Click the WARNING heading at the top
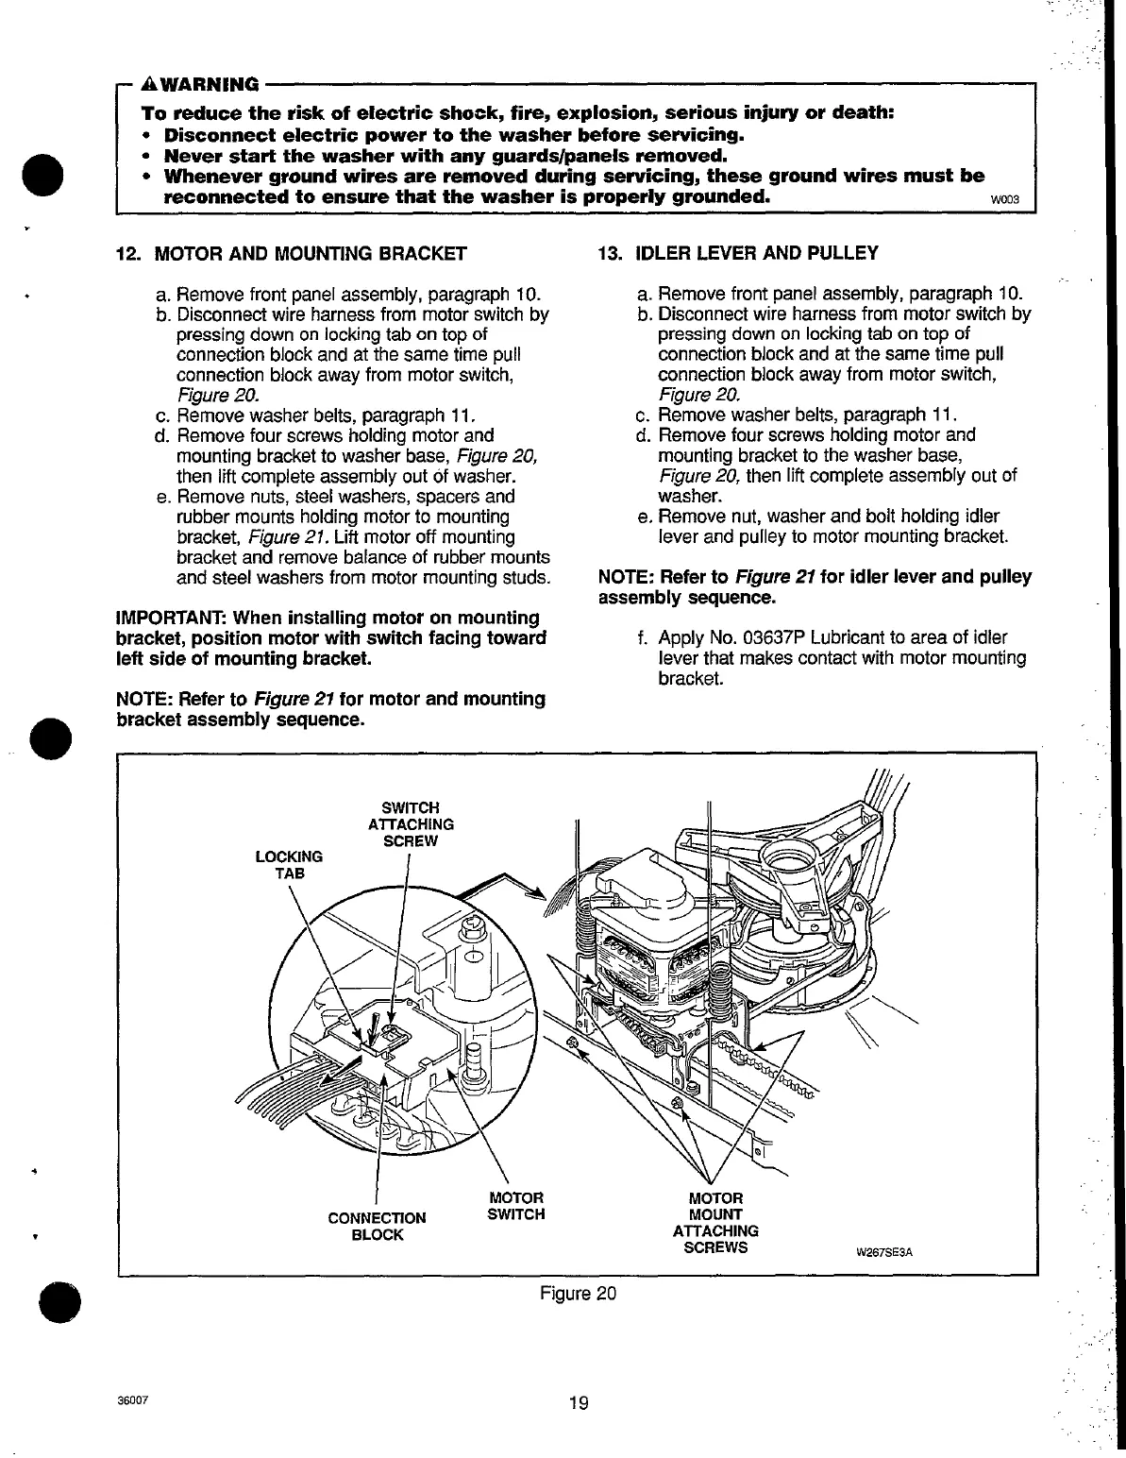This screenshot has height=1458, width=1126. [206, 84]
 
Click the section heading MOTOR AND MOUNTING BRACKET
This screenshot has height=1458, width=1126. [311, 253]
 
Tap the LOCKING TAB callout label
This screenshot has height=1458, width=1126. [289, 865]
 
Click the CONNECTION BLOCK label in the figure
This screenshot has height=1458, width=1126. [377, 1226]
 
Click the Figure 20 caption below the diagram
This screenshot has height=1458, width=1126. [579, 1293]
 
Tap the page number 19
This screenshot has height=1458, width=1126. [579, 1403]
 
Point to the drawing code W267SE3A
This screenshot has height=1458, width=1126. [886, 1253]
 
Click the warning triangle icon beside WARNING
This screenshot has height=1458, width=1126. [147, 84]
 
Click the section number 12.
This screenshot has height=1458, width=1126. [126, 253]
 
